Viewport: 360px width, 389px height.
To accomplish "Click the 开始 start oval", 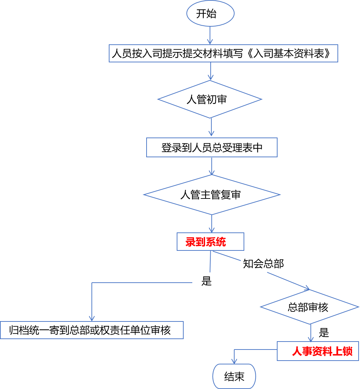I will pyautogui.click(x=210, y=14).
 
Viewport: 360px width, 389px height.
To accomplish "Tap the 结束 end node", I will pyautogui.click(x=234, y=377).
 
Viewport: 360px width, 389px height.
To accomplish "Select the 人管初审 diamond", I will pyautogui.click(x=210, y=99).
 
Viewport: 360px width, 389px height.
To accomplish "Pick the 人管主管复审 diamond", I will pyautogui.click(x=211, y=195).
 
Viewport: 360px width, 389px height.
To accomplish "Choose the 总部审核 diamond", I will pyautogui.click(x=309, y=307).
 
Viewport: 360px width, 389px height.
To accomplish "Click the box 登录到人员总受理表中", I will pyautogui.click(x=212, y=148).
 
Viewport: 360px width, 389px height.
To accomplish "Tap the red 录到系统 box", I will pyautogui.click(x=210, y=242).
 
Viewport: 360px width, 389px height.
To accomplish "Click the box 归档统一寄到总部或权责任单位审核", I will pyautogui.click(x=91, y=330).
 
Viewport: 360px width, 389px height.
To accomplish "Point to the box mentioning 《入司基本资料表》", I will pyautogui.click(x=223, y=54).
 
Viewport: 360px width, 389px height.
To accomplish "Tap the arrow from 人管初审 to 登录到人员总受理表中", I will pyautogui.click(x=211, y=128).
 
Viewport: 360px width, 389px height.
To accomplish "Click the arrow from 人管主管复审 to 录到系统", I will pyautogui.click(x=212, y=224).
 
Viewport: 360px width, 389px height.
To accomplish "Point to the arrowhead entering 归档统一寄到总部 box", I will pyautogui.click(x=92, y=318).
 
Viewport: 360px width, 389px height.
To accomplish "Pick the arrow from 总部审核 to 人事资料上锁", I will pyautogui.click(x=311, y=333).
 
